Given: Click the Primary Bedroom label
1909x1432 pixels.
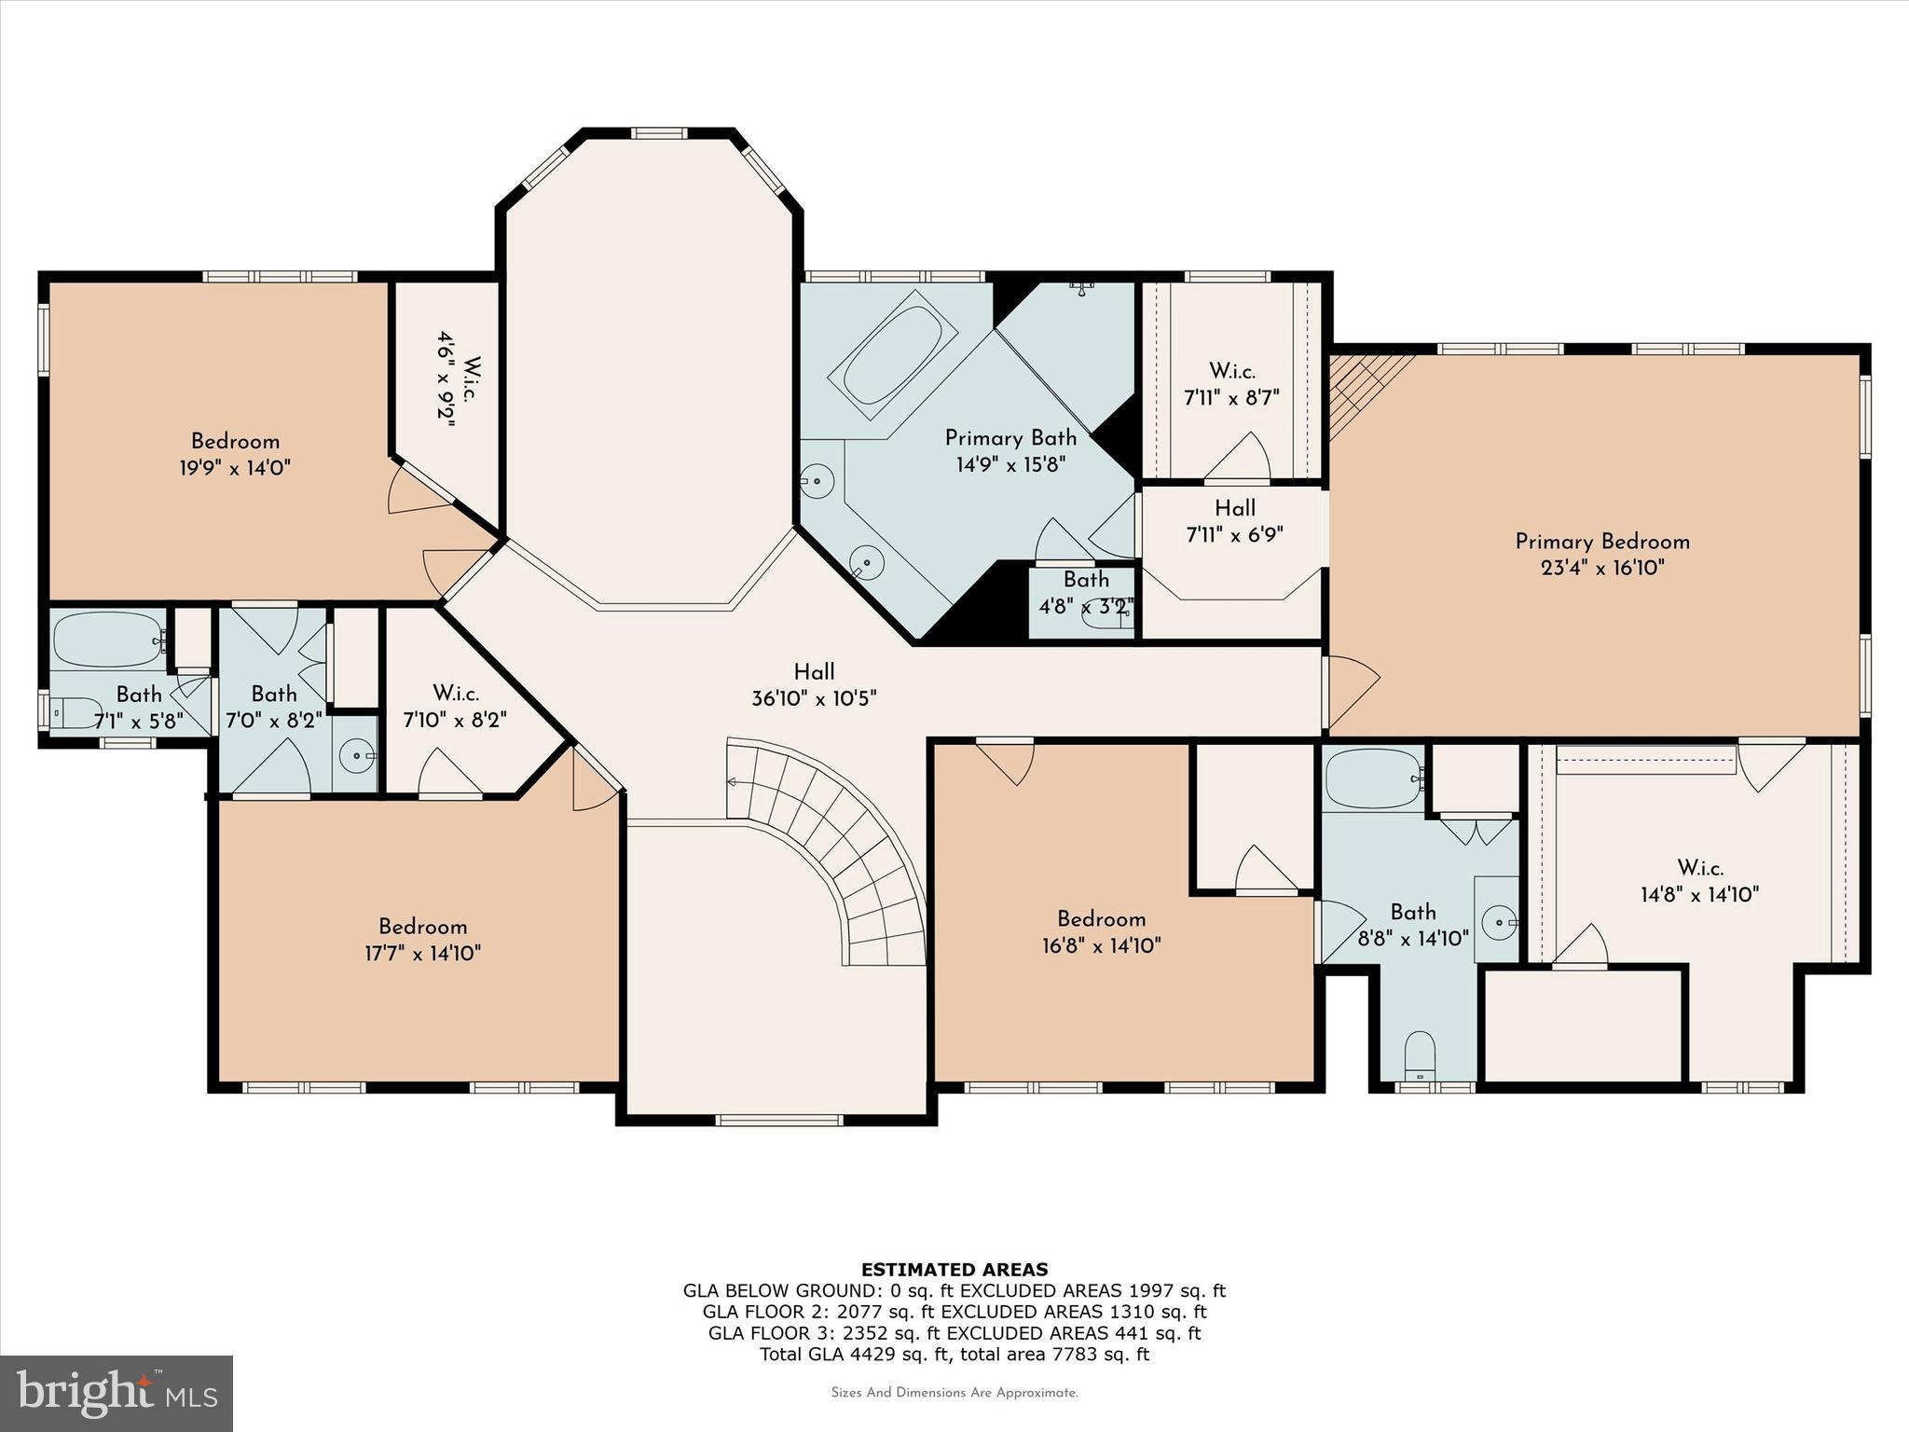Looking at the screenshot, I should click(1601, 542).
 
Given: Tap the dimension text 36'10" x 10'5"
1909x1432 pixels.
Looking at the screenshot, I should click(814, 698).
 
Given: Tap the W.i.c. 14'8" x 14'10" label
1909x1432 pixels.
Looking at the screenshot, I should click(1699, 881).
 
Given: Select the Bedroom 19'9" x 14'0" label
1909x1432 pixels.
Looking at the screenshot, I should click(235, 454).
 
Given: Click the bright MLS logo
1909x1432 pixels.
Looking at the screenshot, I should click(117, 1393).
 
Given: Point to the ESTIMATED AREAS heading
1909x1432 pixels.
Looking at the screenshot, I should click(954, 1269).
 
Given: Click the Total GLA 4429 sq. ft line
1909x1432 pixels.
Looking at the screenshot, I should click(954, 1354).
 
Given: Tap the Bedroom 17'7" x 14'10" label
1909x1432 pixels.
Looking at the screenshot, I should click(422, 940).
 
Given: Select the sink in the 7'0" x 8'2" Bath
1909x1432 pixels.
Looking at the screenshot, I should click(355, 756).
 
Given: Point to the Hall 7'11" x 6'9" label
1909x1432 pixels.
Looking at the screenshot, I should click(1234, 521).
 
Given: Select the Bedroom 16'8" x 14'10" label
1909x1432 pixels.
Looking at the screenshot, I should click(1101, 932).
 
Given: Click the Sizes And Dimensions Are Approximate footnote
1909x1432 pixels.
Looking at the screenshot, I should click(954, 1393).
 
